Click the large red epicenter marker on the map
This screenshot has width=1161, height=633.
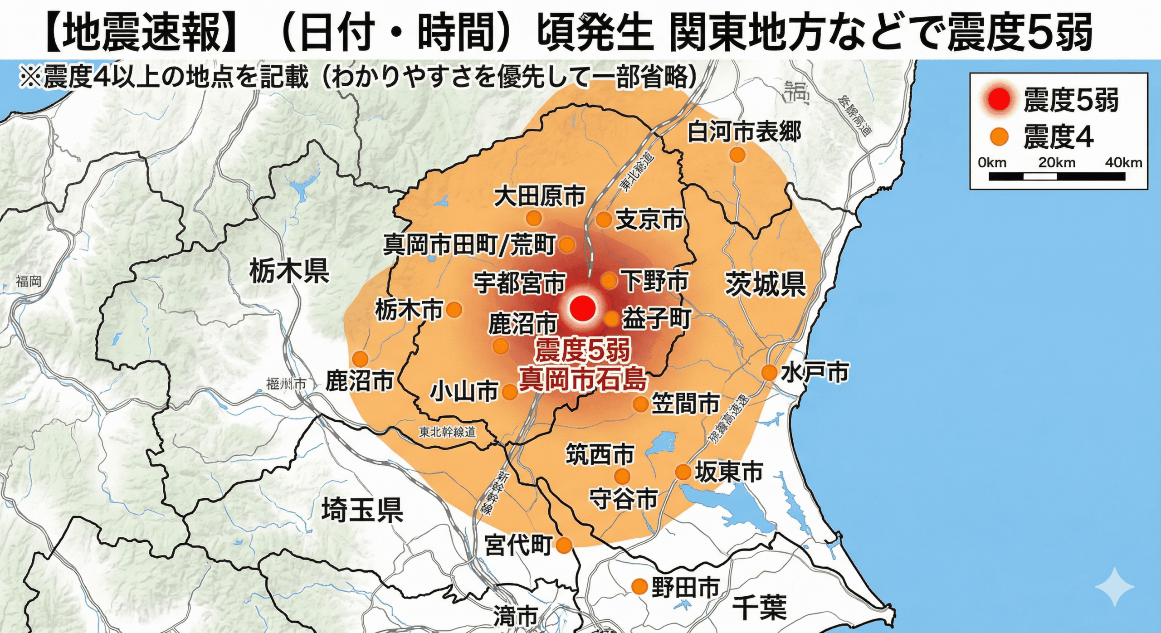tap(582, 308)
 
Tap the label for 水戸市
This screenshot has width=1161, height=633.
tap(815, 373)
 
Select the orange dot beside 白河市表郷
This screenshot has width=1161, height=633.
tap(737, 155)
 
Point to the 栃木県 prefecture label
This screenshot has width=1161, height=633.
tap(289, 272)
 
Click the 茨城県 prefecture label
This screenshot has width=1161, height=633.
tap(766, 284)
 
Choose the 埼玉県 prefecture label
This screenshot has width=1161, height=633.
tap(362, 510)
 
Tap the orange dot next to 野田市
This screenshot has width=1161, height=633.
tap(639, 586)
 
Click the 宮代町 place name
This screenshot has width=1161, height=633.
tap(518, 545)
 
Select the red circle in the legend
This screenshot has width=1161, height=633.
tap(999, 100)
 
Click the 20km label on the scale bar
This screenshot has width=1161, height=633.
tap(1057, 163)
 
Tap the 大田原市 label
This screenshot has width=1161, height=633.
tap(539, 196)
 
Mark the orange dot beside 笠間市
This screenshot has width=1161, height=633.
tap(640, 404)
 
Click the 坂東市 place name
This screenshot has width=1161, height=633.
tap(729, 472)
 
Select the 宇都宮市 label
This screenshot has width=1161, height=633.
tap(520, 283)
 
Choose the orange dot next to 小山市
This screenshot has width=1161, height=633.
tap(510, 392)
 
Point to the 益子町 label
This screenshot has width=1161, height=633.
tap(656, 319)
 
